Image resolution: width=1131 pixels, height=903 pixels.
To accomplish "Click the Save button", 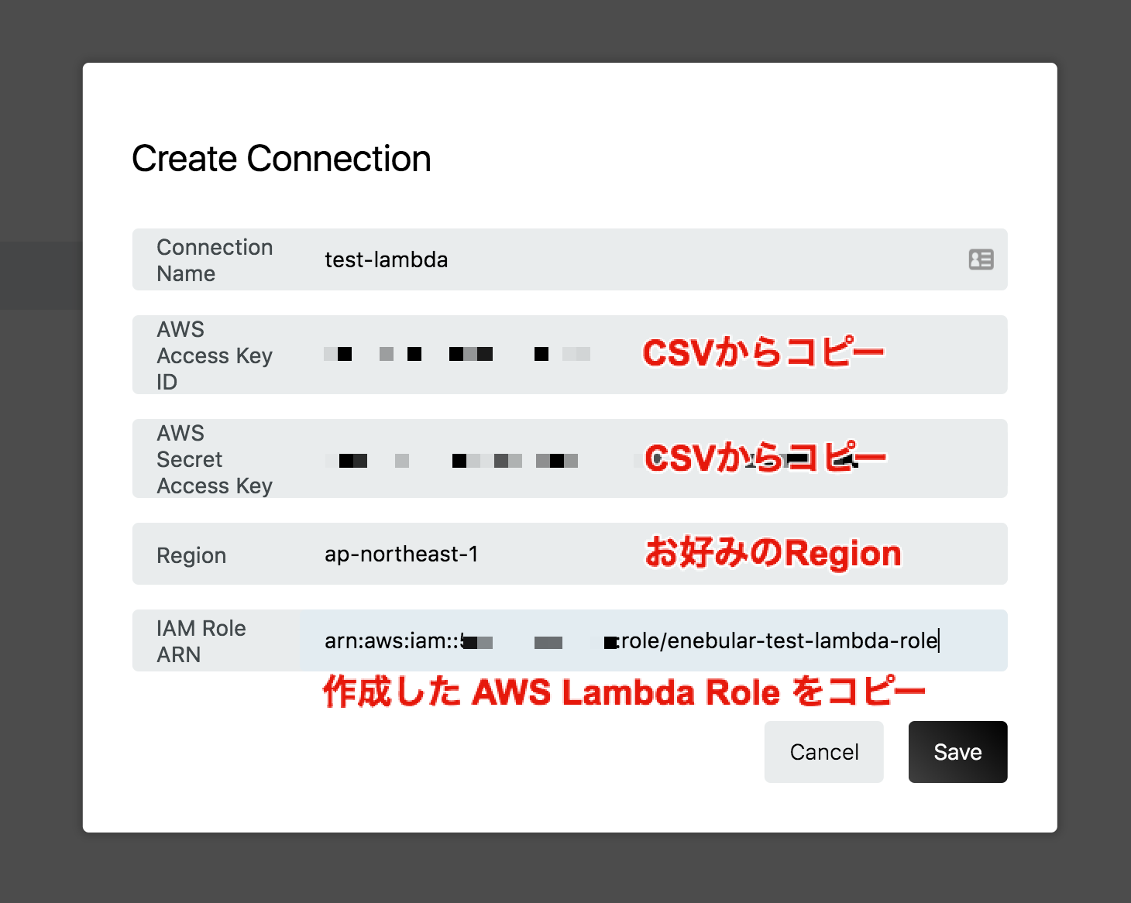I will click(957, 752).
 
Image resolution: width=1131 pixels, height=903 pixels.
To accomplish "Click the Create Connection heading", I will click(281, 159).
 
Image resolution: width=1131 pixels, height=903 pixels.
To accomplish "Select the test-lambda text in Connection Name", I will click(386, 259).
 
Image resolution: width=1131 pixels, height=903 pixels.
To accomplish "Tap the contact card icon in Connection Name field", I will click(981, 259).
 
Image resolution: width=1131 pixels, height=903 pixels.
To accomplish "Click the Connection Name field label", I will click(215, 260).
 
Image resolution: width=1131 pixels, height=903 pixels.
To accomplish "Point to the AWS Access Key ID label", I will click(215, 355).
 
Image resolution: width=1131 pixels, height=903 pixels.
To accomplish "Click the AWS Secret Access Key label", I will click(215, 459).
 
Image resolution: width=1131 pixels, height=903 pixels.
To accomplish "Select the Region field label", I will click(191, 555).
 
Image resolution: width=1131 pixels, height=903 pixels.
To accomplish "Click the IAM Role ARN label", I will click(201, 641).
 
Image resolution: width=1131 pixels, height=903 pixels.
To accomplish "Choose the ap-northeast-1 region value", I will click(401, 555).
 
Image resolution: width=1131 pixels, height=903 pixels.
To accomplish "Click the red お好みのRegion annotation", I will click(773, 554).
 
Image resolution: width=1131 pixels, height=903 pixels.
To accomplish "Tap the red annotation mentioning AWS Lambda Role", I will click(624, 692).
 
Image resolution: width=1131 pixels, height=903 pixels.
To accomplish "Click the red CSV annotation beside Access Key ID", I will click(763, 354).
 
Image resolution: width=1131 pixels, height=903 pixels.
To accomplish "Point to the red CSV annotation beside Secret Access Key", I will click(765, 458).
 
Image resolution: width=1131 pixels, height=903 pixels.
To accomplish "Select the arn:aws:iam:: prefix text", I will click(392, 641).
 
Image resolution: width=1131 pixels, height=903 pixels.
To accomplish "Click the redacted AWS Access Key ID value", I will click(457, 355).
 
